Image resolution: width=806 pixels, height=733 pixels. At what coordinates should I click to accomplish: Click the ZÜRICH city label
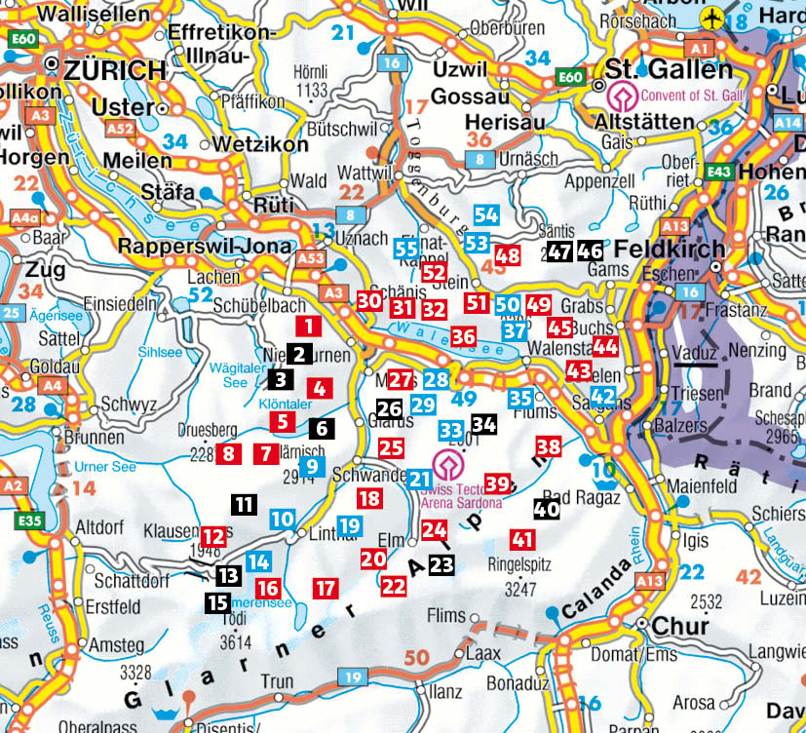pyautogui.click(x=115, y=71)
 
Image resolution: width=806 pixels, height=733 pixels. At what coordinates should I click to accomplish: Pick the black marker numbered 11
pyautogui.click(x=244, y=504)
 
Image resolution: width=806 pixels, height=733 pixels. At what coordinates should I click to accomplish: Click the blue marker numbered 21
pyautogui.click(x=419, y=479)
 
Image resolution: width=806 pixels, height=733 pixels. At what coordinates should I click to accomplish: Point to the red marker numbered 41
pyautogui.click(x=523, y=539)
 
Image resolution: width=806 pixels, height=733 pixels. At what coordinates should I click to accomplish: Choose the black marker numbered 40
pyautogui.click(x=546, y=507)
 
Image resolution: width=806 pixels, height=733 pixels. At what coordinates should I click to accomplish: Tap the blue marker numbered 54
pyautogui.click(x=486, y=215)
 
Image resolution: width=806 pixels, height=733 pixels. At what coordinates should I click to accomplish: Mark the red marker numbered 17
pyautogui.click(x=326, y=588)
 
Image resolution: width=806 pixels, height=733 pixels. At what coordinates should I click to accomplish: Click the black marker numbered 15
pyautogui.click(x=217, y=602)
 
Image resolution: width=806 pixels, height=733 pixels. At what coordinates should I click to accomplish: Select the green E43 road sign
pyautogui.click(x=716, y=174)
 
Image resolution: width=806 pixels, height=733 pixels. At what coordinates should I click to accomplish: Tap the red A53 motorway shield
pyautogui.click(x=310, y=258)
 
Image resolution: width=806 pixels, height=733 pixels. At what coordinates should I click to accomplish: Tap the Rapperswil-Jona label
pyautogui.click(x=205, y=246)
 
